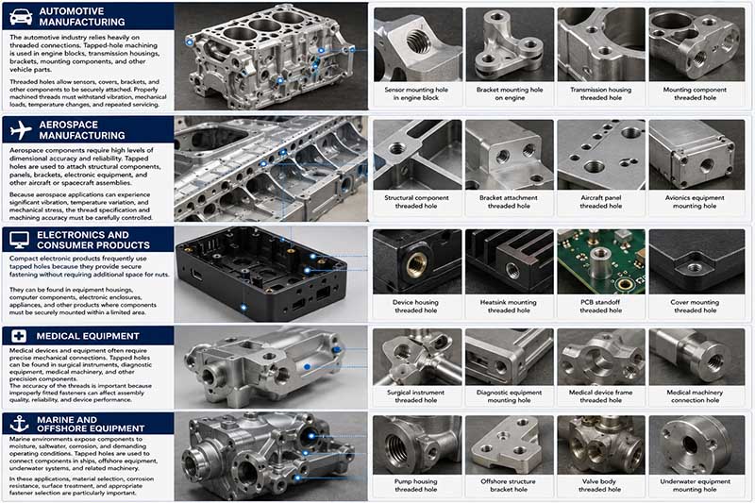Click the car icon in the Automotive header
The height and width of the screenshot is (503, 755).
click(x=21, y=17)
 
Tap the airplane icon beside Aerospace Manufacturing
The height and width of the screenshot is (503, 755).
click(x=20, y=130)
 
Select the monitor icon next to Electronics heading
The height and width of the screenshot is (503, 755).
click(x=19, y=240)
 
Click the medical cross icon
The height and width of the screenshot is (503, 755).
click(x=19, y=336)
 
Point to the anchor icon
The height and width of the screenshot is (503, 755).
click(x=20, y=424)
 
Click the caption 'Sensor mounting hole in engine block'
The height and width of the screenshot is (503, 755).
click(x=416, y=93)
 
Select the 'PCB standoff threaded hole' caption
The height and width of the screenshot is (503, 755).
click(x=600, y=306)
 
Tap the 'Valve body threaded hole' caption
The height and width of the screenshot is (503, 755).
click(x=599, y=485)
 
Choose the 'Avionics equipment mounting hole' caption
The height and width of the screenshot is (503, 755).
click(x=695, y=202)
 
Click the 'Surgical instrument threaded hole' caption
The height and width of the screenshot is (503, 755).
click(x=415, y=396)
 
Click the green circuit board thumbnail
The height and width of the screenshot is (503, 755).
click(x=601, y=261)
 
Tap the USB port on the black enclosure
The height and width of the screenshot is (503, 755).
click(x=196, y=276)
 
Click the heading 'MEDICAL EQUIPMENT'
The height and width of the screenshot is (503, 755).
click(x=88, y=336)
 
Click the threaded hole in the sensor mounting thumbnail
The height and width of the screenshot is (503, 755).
click(x=418, y=42)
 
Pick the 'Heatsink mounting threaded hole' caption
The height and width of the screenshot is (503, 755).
click(x=509, y=306)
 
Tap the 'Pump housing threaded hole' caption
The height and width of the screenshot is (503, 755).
click(x=415, y=485)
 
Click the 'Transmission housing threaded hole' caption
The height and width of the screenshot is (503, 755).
click(x=600, y=93)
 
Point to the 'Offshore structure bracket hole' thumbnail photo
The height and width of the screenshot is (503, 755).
click(x=509, y=444)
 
